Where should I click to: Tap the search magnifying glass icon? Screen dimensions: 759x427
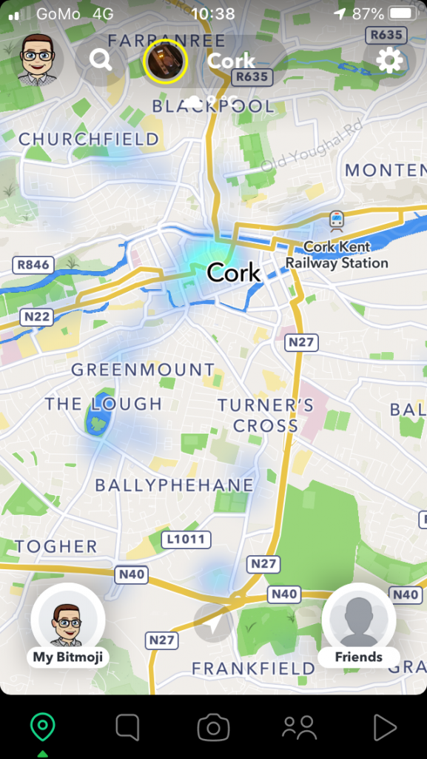click(101, 60)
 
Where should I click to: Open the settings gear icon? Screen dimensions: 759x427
click(389, 60)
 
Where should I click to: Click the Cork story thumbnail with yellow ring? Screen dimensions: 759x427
click(167, 60)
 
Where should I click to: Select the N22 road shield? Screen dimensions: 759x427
click(36, 316)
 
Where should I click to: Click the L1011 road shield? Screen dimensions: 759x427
click(185, 539)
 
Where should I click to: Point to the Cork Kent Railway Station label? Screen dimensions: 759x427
click(337, 255)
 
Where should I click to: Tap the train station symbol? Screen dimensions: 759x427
click(337, 219)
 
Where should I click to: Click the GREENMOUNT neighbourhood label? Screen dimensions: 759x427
click(143, 369)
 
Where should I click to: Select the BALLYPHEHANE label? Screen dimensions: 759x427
click(174, 485)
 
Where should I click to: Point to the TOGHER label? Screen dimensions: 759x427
click(56, 547)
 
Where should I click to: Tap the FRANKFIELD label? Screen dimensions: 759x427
click(253, 669)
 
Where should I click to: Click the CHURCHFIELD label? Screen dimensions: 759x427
click(89, 139)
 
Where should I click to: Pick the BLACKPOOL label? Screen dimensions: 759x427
click(213, 107)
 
